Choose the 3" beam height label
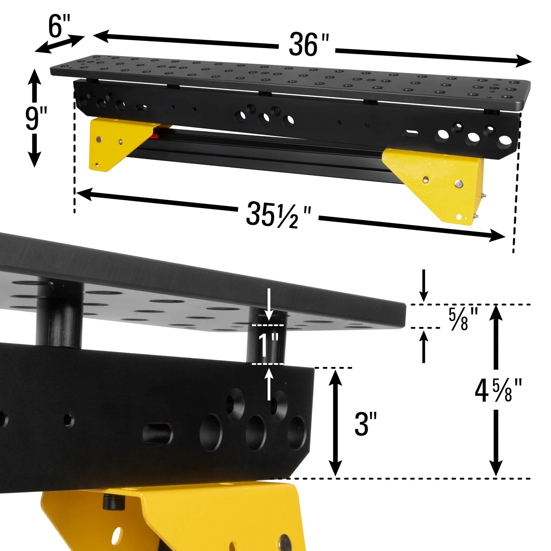point(366,424)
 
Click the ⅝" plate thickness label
point(463,319)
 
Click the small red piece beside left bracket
point(155,136)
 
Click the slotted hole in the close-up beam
point(157,433)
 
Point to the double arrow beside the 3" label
point(336,423)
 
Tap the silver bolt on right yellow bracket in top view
point(459,184)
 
